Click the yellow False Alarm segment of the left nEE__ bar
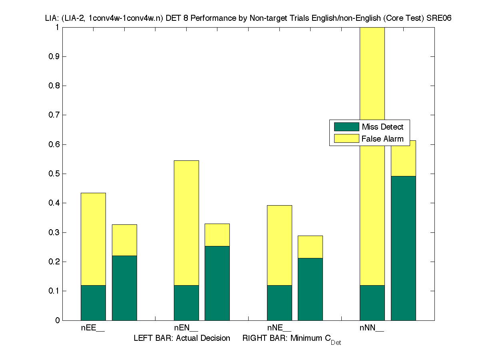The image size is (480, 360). (x=93, y=239)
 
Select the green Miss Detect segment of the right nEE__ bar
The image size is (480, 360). (x=124, y=288)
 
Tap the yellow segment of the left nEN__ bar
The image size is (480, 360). (x=186, y=223)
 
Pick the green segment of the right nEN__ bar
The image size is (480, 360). (x=217, y=283)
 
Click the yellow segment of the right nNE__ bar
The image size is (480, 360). (x=310, y=247)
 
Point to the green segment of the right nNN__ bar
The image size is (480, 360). (x=403, y=248)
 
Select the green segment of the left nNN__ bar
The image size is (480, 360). (x=372, y=303)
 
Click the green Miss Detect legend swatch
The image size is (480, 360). (x=347, y=127)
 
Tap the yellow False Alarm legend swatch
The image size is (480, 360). (x=347, y=139)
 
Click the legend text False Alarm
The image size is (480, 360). (x=382, y=139)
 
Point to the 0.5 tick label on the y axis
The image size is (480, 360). (x=54, y=174)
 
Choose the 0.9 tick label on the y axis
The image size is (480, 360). (x=54, y=56)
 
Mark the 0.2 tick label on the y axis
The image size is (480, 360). (x=54, y=262)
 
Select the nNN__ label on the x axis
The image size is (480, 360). (x=372, y=328)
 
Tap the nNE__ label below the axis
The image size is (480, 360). (x=279, y=328)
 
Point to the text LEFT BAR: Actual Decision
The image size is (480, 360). (x=182, y=338)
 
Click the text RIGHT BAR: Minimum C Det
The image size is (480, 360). (x=291, y=339)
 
